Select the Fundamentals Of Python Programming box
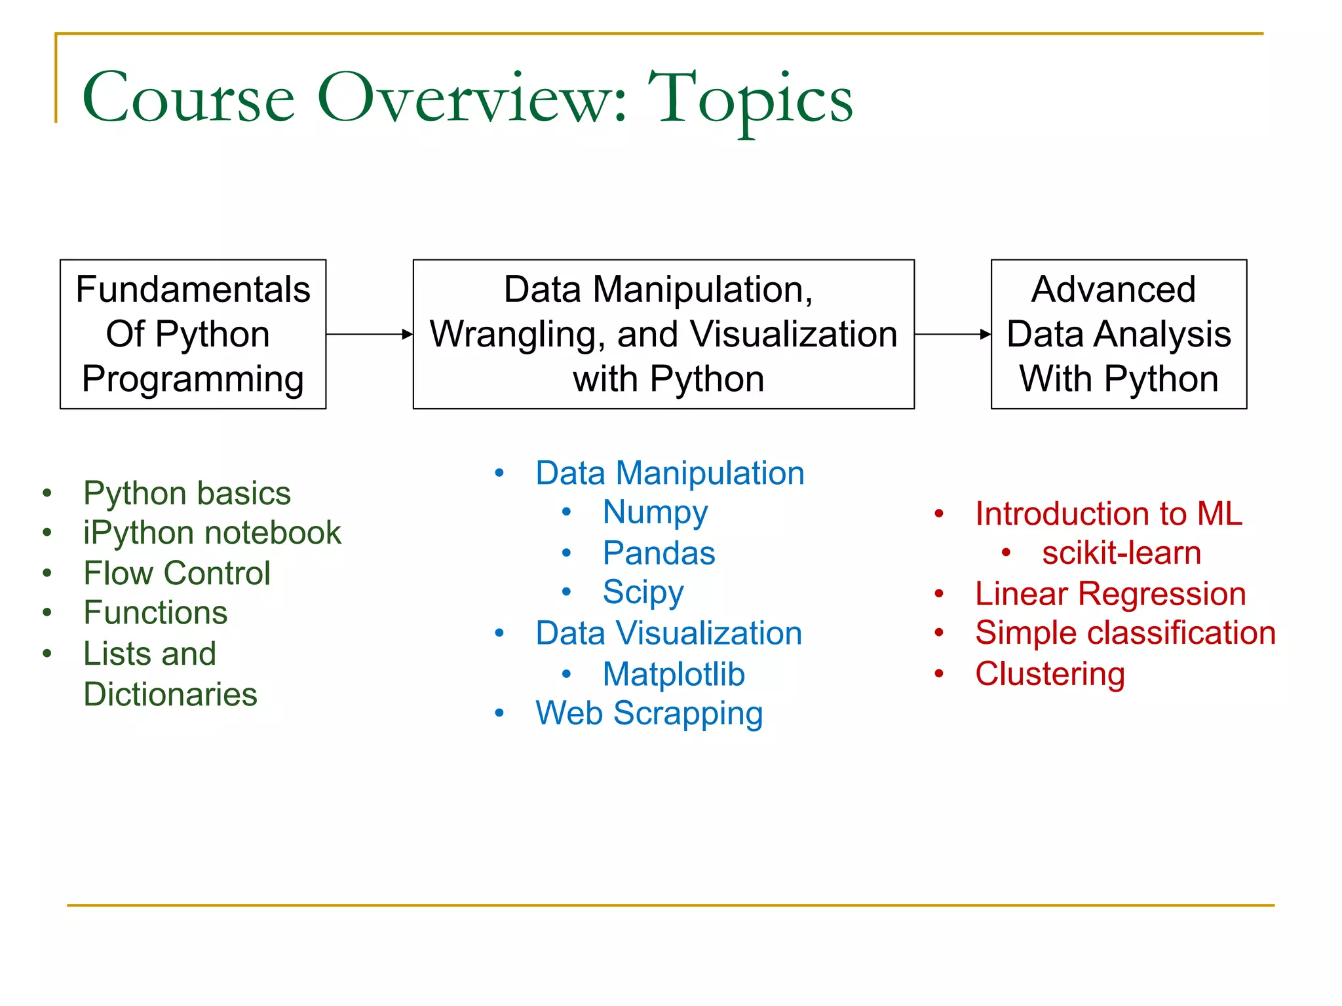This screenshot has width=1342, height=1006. tap(193, 334)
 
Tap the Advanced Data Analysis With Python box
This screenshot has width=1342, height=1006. tap(1119, 334)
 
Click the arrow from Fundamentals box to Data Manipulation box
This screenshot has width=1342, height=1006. tap(369, 334)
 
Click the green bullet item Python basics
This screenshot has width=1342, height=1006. tap(187, 493)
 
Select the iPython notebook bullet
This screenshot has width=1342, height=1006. tap(212, 532)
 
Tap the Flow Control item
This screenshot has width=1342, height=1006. tap(177, 573)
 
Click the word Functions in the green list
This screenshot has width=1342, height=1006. tap(155, 613)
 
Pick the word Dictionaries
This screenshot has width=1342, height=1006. tap(170, 694)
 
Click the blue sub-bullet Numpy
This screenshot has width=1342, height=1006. tap(655, 513)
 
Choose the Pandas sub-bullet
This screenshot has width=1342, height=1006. tap(659, 553)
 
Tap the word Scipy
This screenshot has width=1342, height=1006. tap(643, 593)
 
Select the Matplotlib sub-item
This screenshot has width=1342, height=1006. tap(674, 675)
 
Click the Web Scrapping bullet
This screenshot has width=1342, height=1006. tap(649, 713)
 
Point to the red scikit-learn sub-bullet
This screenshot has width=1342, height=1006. tap(1121, 553)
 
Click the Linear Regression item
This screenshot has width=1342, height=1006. tap(1110, 594)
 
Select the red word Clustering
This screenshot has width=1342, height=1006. tap(1050, 674)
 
